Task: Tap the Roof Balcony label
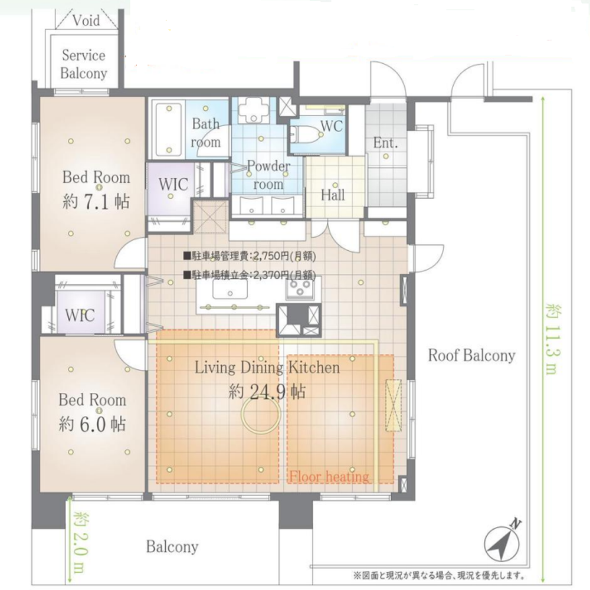tap(471, 356)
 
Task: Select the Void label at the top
tap(86, 20)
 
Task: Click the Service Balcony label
tap(84, 64)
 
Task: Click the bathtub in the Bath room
tap(169, 129)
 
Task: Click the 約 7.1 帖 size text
tap(96, 202)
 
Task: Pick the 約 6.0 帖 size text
tap(92, 424)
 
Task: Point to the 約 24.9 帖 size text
tap(267, 392)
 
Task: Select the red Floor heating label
tap(329, 477)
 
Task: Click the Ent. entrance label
tap(385, 143)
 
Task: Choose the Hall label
tap(333, 195)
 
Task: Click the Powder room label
tap(268, 175)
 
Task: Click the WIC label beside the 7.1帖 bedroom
tap(173, 184)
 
